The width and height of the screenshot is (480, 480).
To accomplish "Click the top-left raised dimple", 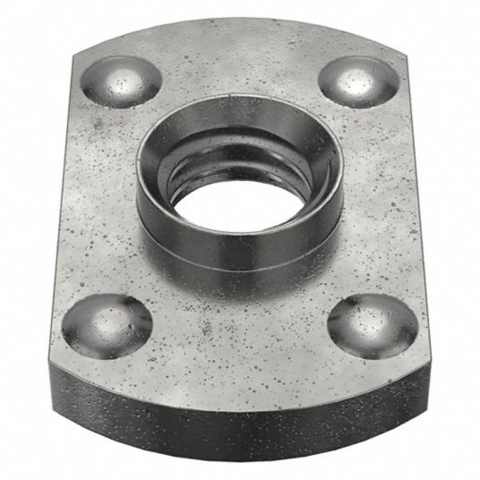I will tap(122, 81).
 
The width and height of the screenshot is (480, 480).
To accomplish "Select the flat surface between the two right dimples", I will tap(381, 201).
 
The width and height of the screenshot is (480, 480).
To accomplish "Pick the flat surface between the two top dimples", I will tap(240, 67).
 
